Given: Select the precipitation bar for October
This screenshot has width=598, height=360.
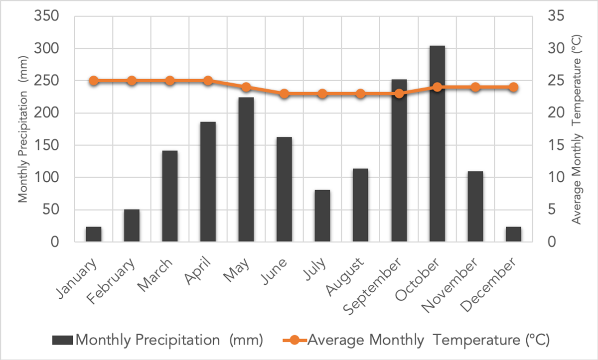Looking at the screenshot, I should click(437, 144).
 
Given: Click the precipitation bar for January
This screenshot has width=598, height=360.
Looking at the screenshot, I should click(94, 235).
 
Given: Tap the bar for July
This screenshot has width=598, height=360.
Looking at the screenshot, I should click(322, 216).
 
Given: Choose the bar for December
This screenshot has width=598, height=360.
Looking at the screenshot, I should click(513, 235).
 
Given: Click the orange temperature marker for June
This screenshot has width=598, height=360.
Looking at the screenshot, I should click(284, 94).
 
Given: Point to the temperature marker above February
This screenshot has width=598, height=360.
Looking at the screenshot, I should click(132, 81).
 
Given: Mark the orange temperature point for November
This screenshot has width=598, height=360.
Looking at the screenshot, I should click(475, 87).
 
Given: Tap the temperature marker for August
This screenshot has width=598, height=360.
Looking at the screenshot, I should click(361, 94).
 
